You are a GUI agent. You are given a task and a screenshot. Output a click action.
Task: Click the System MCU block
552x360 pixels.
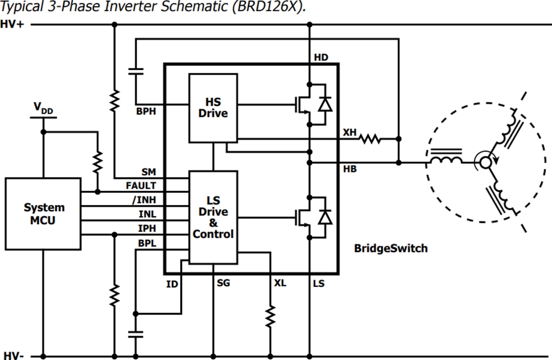[x=43, y=214]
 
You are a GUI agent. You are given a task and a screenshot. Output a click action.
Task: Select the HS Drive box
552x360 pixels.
[x=213, y=107]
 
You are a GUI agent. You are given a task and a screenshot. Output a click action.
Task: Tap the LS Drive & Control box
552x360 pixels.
[x=213, y=217]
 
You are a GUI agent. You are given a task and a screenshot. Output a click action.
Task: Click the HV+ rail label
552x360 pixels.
[x=12, y=24]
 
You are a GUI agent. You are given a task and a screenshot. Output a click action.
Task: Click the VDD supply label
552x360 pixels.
[x=43, y=108]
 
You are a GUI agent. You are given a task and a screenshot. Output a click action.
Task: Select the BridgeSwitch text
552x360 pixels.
[x=390, y=249]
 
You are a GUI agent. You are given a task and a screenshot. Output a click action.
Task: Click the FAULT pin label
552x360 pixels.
[x=141, y=186]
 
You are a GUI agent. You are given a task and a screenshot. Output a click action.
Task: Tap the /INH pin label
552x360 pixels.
[x=144, y=200]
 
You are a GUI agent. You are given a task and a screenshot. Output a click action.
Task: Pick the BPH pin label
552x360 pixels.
[x=146, y=111]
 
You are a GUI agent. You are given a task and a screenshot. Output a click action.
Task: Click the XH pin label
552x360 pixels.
[x=350, y=132]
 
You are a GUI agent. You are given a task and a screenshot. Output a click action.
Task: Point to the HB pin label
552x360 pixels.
[x=350, y=169]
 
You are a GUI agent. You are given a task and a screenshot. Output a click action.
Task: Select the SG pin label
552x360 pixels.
[x=223, y=283]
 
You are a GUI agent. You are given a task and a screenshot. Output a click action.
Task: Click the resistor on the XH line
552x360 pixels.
[x=370, y=139]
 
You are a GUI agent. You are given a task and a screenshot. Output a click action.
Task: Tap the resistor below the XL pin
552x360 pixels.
[x=270, y=316]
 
